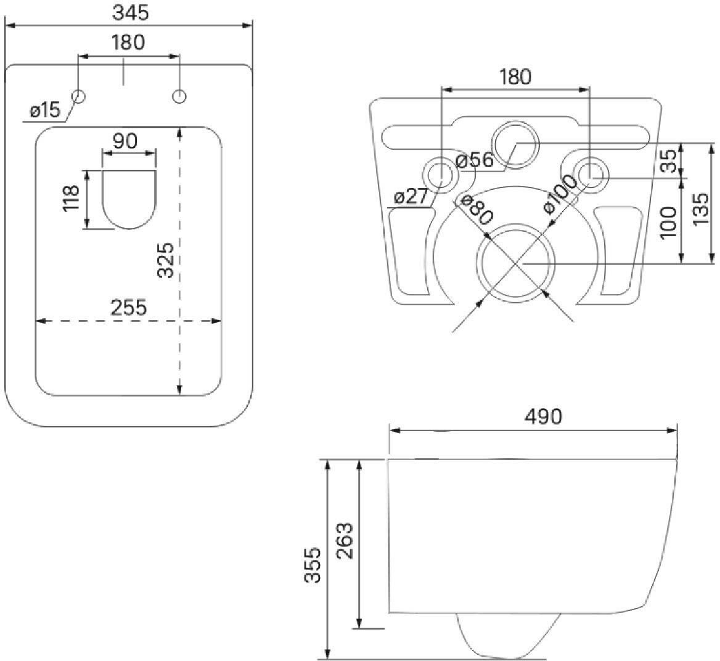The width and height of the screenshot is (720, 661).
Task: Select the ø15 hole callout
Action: [x=45, y=110]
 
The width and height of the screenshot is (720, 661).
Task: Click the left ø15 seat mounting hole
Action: [x=78, y=96]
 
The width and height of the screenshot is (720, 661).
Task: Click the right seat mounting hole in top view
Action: [x=179, y=96]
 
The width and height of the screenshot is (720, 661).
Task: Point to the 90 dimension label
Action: [x=125, y=141]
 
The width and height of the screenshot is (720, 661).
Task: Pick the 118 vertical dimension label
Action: [x=72, y=198]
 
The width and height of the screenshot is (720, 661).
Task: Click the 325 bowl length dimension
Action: [x=165, y=260]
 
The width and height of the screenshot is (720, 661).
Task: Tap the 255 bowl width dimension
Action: [x=129, y=308]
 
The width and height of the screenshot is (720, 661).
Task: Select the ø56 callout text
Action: [x=475, y=160]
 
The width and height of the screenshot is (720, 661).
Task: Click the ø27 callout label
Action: [x=411, y=197]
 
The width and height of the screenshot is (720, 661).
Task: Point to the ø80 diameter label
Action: [x=477, y=210]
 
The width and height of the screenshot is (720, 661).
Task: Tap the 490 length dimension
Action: [x=543, y=417]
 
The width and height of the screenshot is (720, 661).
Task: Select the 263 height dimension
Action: [x=345, y=541]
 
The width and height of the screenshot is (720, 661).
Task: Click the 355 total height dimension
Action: [x=313, y=565]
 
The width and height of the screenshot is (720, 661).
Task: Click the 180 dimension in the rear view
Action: [x=515, y=76]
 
